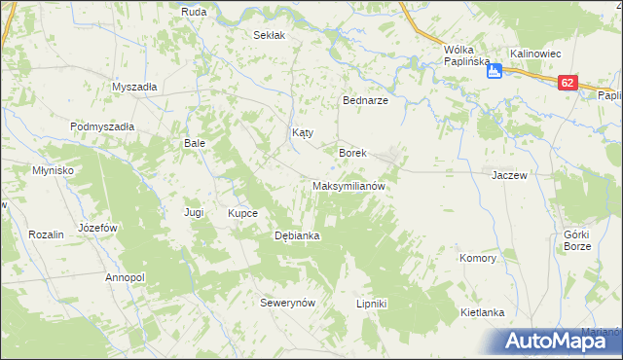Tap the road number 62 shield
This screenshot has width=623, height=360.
[568, 85]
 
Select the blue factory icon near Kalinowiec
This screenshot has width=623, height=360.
[495, 70]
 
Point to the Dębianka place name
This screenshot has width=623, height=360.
[298, 235]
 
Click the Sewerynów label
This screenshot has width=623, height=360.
[289, 303]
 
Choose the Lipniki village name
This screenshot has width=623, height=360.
[372, 304]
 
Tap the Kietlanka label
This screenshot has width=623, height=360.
[482, 312]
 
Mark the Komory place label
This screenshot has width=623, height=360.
[478, 259]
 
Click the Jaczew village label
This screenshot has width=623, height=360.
[509, 175]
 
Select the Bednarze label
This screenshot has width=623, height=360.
[365, 100]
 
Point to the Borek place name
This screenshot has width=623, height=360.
[351, 153]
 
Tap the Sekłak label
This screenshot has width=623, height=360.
[269, 35]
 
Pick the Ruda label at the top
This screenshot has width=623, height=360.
[193, 12]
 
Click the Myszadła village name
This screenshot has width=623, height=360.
[134, 86]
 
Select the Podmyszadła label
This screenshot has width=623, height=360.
[102, 126]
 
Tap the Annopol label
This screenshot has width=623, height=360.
[125, 277]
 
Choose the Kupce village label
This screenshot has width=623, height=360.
[242, 212]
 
